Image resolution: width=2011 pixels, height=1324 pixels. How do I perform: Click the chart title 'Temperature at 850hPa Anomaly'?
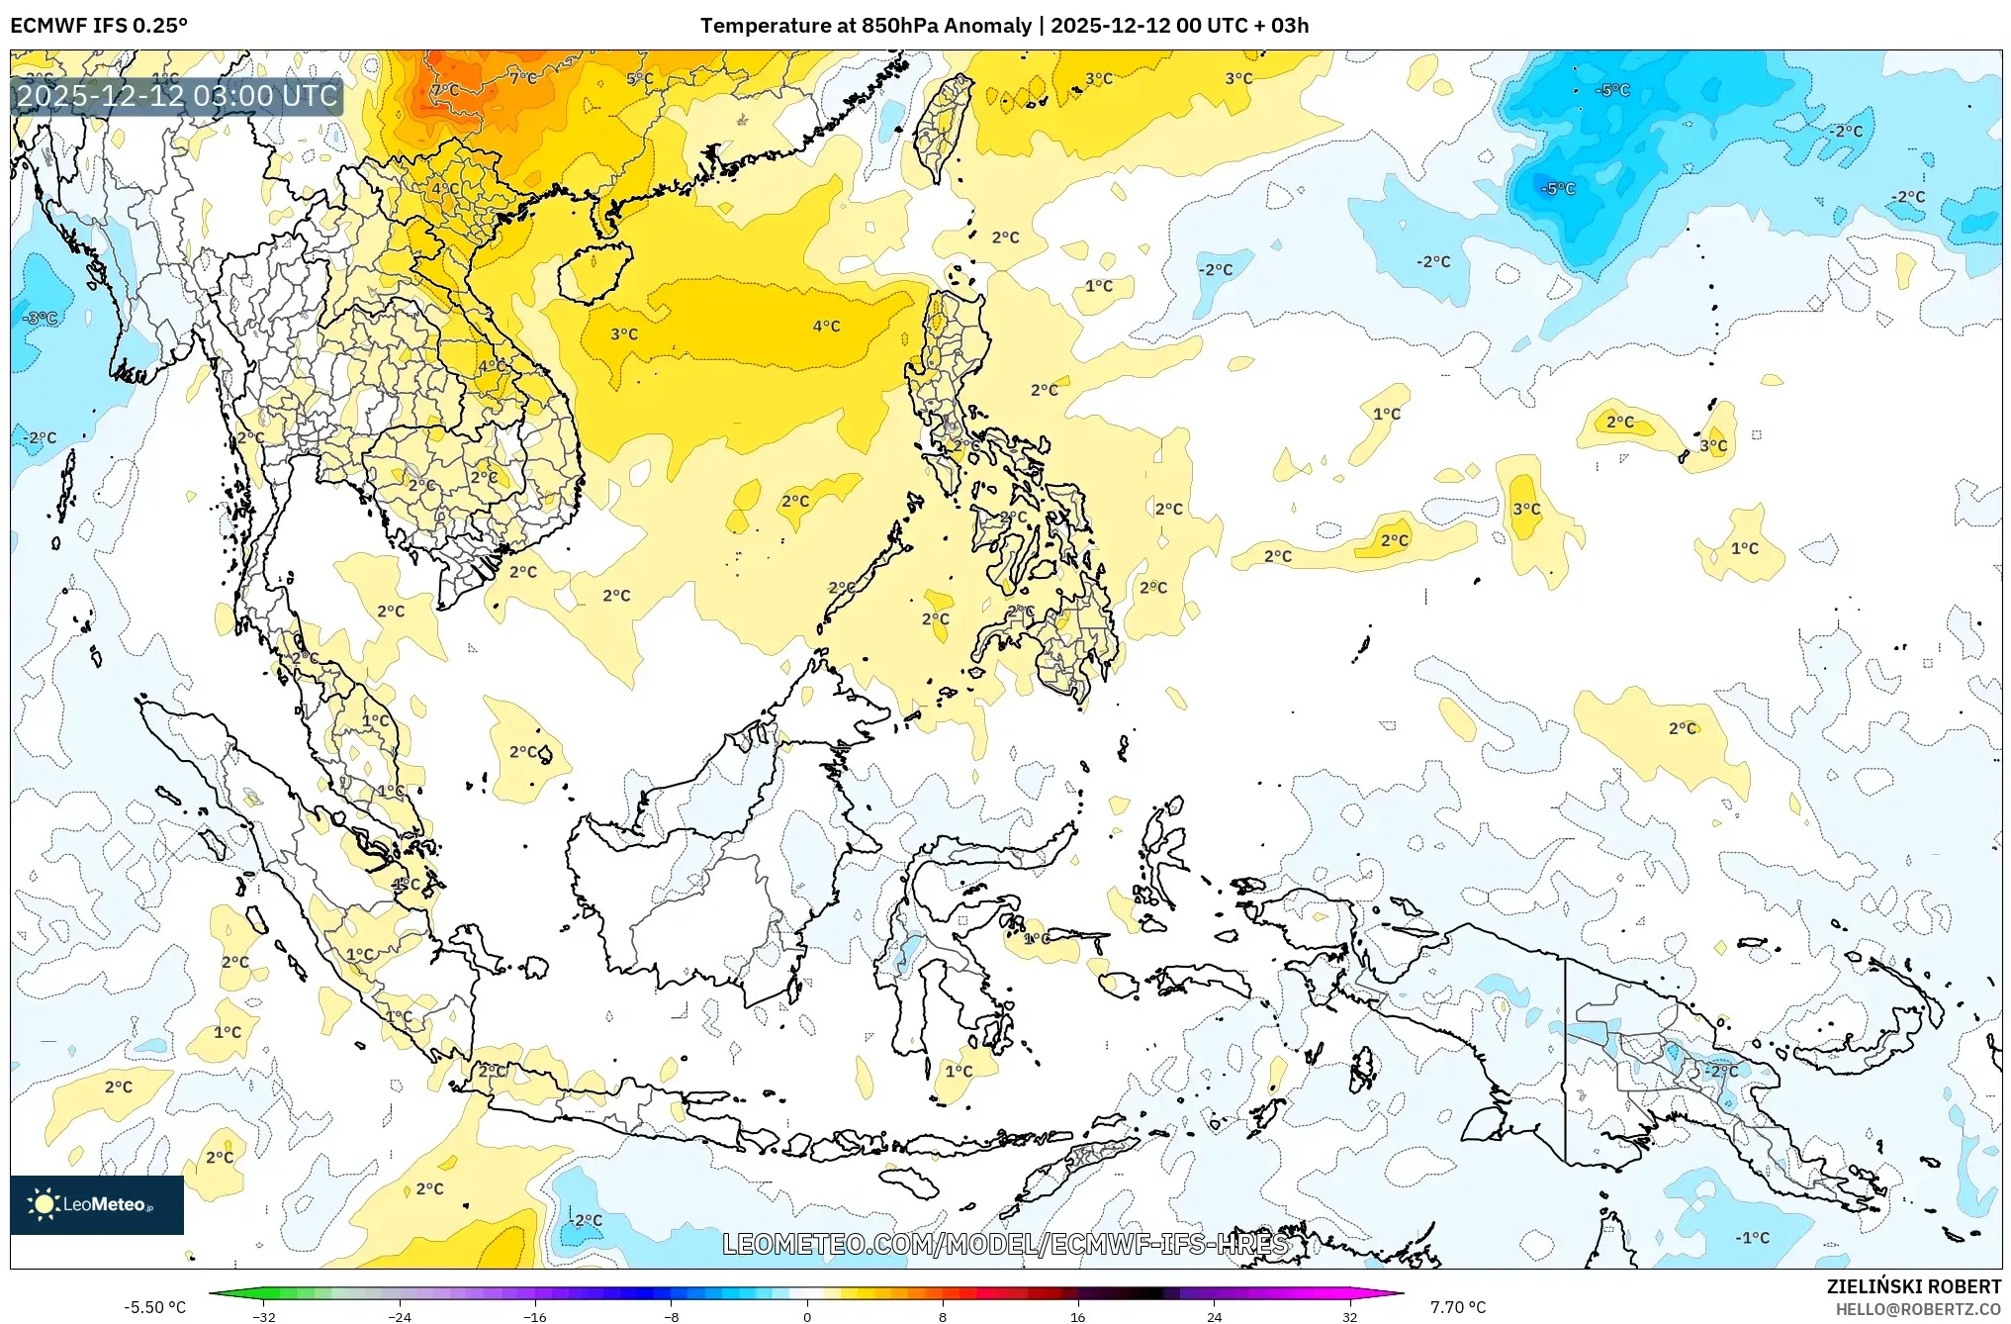tap(866, 26)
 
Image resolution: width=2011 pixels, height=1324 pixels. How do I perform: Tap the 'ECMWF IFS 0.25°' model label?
tap(99, 26)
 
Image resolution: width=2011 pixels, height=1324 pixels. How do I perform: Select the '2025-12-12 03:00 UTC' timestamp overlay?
tap(178, 96)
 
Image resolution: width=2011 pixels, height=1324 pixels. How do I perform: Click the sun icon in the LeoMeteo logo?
tap(44, 1203)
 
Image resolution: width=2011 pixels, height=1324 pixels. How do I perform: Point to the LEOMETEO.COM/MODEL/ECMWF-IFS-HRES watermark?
tap(1005, 1244)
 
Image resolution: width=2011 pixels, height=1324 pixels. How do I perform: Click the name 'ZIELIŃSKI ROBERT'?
tap(1913, 1286)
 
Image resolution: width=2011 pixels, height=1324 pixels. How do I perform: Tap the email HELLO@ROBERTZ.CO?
tap(1918, 1309)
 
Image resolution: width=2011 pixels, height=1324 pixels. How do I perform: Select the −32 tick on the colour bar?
tap(264, 1317)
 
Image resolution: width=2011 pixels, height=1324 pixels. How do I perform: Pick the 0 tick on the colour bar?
tap(807, 1317)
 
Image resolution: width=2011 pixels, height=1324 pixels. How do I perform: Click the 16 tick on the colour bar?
tap(1078, 1317)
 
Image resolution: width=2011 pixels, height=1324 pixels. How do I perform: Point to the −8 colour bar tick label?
tap(671, 1317)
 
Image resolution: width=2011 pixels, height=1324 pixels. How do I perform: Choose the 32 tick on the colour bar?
tap(1350, 1317)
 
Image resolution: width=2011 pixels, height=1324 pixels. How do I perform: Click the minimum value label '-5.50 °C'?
tap(154, 1307)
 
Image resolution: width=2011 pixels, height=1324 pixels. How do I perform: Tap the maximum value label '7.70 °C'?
tap(1458, 1307)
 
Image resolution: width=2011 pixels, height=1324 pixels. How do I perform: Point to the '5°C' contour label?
tap(639, 78)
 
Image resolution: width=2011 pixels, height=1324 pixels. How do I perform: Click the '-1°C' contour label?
tap(1753, 1237)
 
